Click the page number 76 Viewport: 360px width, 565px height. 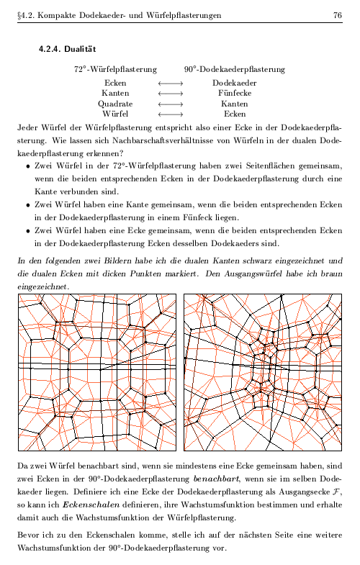336,15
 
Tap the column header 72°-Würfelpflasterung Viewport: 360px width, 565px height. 115,70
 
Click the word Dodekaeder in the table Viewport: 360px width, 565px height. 235,83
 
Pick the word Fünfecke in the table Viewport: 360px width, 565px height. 235,94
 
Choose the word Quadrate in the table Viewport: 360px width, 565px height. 115,104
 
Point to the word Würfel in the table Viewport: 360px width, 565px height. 115,114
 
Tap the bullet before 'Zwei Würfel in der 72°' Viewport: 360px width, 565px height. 27,166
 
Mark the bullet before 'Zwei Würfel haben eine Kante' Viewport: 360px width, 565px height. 27,204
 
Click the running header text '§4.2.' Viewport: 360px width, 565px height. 26,15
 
